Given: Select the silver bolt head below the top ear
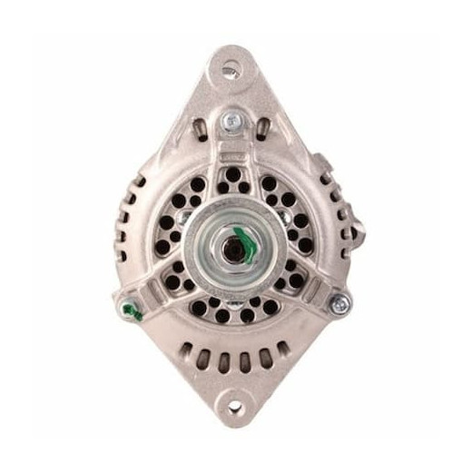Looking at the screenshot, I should pos(233,118).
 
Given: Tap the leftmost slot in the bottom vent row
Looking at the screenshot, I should pos(189,350).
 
